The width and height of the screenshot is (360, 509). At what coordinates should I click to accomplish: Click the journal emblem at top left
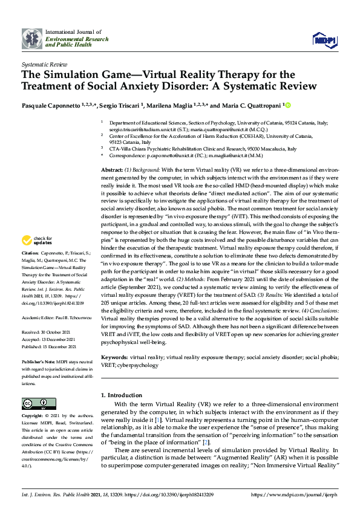click(x=32, y=38)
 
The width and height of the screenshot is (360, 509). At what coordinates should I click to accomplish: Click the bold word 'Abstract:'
click(x=113, y=171)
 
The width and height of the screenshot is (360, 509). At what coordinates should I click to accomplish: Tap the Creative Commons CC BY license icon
click(x=34, y=403)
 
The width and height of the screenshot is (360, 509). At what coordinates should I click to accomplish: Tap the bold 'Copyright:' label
click(x=33, y=417)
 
